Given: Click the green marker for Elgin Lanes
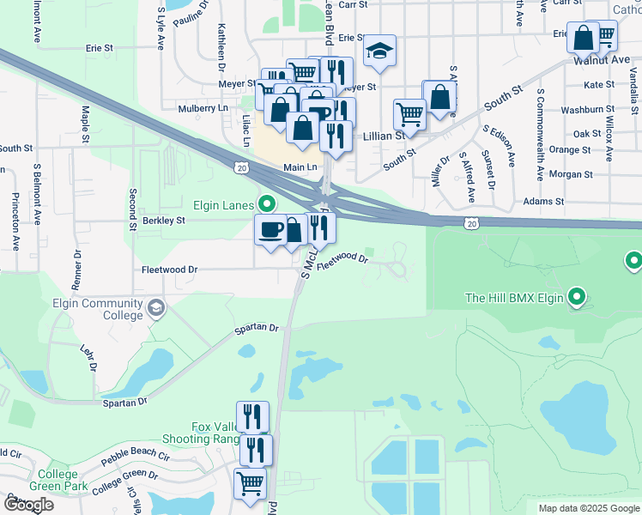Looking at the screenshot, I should click(266, 204).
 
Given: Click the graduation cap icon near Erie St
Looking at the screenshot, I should click(379, 51).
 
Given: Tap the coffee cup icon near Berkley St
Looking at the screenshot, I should click(271, 229).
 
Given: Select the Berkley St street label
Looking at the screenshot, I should click(163, 221).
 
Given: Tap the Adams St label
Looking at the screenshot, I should click(547, 202).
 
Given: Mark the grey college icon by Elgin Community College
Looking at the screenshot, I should click(156, 307).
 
